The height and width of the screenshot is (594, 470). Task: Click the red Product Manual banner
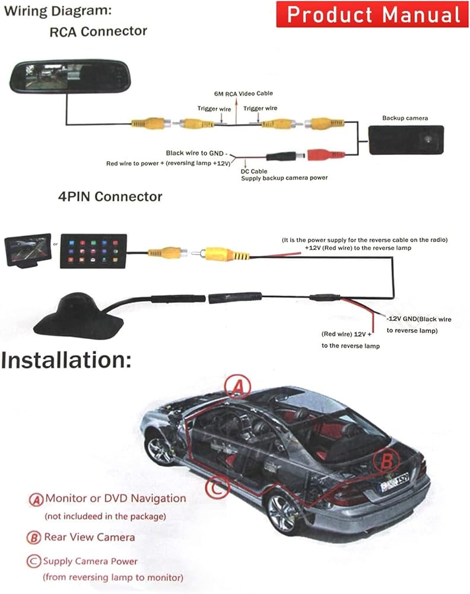pyautogui.click(x=373, y=14)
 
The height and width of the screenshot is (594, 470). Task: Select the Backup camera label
pyautogui.click(x=405, y=118)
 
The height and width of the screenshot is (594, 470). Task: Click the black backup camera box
pyautogui.click(x=406, y=140)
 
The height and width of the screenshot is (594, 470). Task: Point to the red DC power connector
pyautogui.click(x=326, y=154)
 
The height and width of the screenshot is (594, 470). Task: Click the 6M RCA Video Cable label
pyautogui.click(x=243, y=94)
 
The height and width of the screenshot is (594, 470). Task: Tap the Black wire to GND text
pyautogui.click(x=196, y=153)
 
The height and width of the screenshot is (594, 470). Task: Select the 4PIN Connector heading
pyautogui.click(x=110, y=196)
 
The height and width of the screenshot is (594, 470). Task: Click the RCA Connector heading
pyautogui.click(x=99, y=31)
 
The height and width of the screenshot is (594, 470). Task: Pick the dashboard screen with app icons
pyautogui.click(x=94, y=251)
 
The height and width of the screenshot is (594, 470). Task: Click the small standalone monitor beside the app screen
pyautogui.click(x=28, y=251)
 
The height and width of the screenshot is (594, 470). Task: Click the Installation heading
pyautogui.click(x=66, y=360)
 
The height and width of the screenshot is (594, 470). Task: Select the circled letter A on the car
pyautogui.click(x=237, y=387)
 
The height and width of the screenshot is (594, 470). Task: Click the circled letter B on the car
pyautogui.click(x=386, y=461)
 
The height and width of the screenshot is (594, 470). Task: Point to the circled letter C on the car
pyautogui.click(x=218, y=488)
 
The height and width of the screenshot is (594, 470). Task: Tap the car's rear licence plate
pyautogui.click(x=395, y=482)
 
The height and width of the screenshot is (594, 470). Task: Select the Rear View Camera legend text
pyautogui.click(x=90, y=537)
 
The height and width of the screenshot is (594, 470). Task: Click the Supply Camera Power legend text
pyautogui.click(x=90, y=561)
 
